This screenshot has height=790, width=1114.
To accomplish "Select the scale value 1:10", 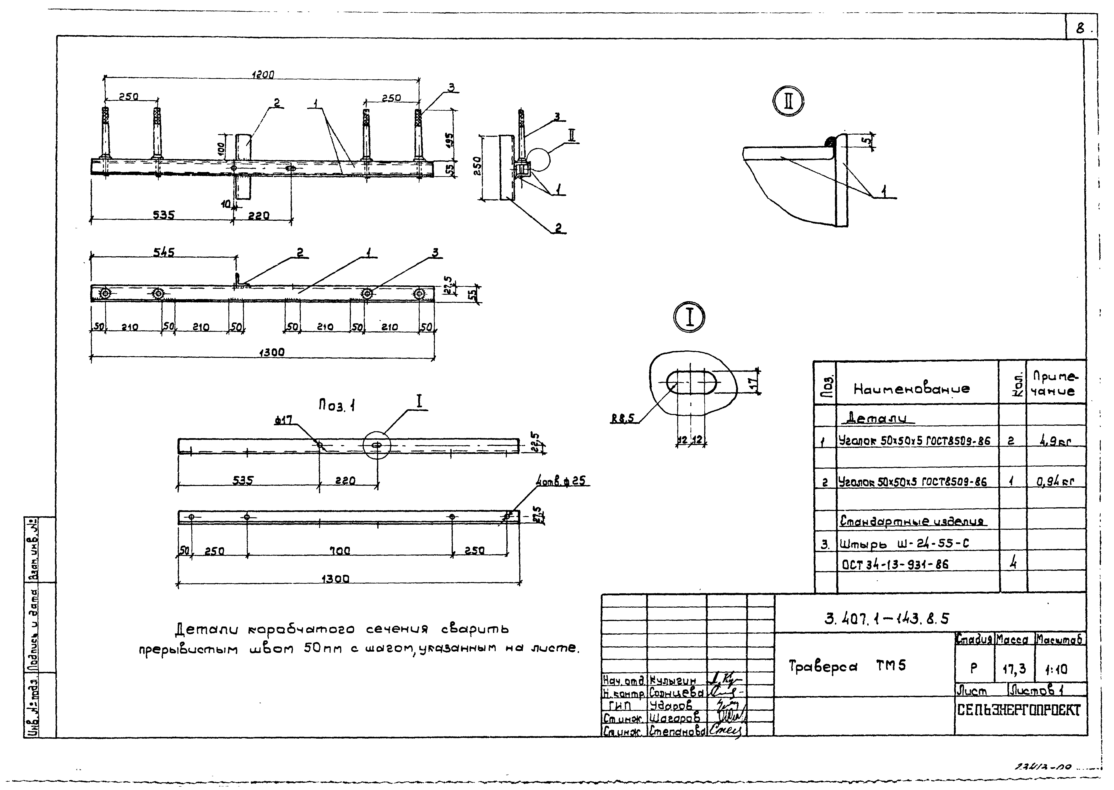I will click(x=1056, y=669).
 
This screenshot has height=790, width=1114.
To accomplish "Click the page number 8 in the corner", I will click(x=1080, y=29).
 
